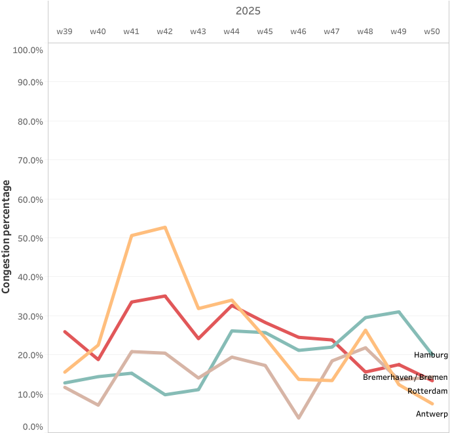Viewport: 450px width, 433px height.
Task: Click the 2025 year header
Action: click(248, 11)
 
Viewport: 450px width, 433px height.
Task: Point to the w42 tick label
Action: click(164, 31)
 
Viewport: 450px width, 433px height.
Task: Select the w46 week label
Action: click(298, 31)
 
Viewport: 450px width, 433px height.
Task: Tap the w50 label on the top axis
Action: click(432, 31)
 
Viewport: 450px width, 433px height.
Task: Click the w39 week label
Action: click(64, 31)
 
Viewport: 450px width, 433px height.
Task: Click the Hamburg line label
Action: click(431, 355)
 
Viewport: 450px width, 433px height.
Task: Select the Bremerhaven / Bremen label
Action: click(405, 377)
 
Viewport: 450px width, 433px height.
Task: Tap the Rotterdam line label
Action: click(427, 391)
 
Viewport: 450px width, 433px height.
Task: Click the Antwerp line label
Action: click(432, 414)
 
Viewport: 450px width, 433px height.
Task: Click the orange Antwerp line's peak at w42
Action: click(165, 228)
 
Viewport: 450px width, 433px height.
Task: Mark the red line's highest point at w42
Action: click(165, 296)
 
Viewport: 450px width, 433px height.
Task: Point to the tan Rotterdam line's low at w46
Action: click(299, 418)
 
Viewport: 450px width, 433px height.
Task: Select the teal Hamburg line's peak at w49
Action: click(398, 312)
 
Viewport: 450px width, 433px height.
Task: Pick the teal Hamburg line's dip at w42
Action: click(165, 394)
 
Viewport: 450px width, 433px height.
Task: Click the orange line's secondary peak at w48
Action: click(366, 330)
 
